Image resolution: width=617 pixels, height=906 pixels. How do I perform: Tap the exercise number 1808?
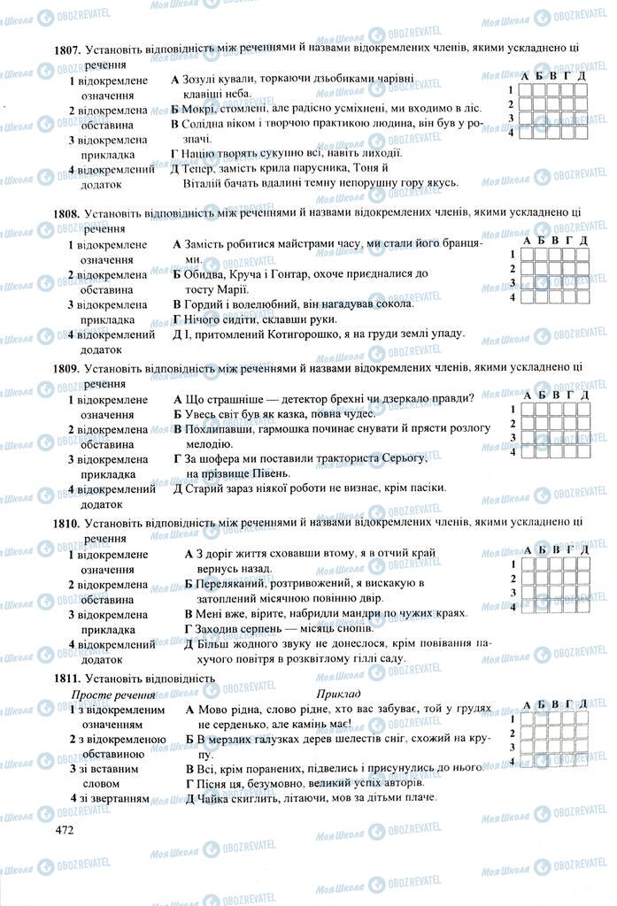tap(67, 213)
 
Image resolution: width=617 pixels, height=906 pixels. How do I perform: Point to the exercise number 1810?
tap(67, 524)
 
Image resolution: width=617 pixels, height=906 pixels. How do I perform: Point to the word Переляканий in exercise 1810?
tap(229, 583)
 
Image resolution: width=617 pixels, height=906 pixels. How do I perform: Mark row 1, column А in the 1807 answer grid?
tap(526, 88)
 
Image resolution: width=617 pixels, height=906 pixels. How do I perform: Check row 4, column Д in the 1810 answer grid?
tap(583, 607)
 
